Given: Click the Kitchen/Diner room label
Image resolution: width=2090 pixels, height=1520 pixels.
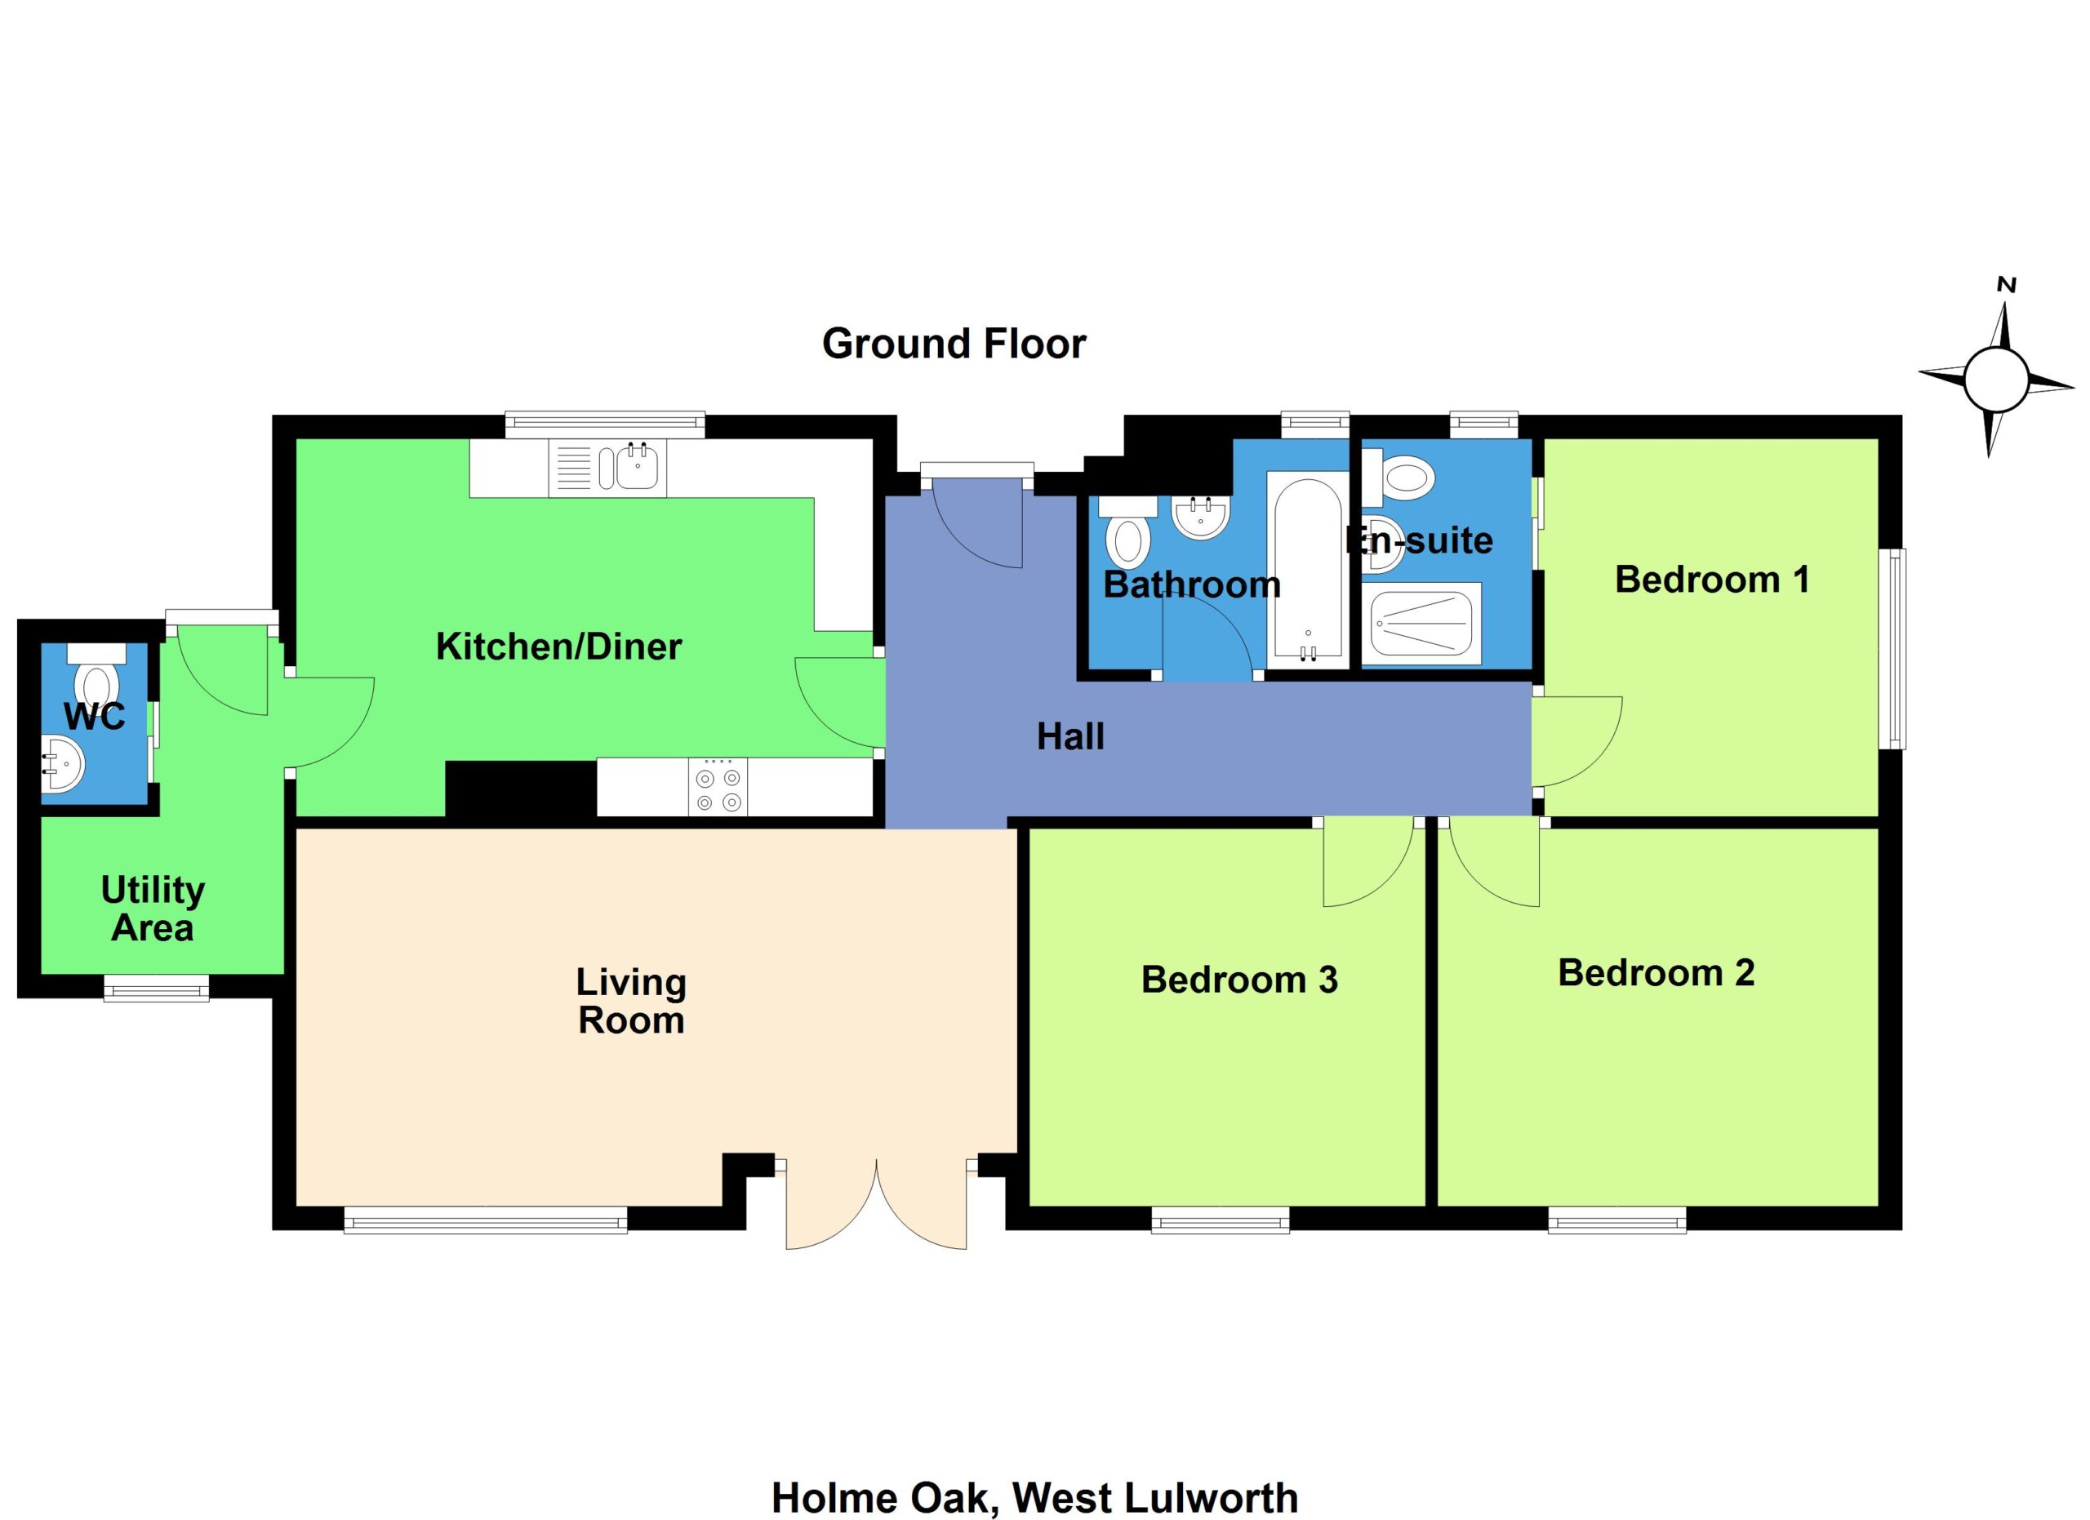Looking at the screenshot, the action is (558, 647).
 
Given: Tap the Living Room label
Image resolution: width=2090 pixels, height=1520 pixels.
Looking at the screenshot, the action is (631, 1002).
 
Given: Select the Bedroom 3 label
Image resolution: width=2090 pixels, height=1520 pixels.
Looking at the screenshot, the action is (1239, 980).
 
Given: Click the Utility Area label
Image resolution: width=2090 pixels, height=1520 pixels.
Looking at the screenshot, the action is (153, 909).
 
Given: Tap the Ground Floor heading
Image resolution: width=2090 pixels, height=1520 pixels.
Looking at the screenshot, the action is (954, 344).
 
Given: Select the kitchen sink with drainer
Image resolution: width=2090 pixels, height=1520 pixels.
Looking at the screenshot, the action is (607, 468).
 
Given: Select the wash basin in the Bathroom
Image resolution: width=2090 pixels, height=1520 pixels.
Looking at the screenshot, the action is (1201, 517).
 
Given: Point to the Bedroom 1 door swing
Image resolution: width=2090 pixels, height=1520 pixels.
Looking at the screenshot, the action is (1576, 740).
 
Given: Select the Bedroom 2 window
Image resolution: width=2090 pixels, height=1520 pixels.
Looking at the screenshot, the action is (1617, 1220).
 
